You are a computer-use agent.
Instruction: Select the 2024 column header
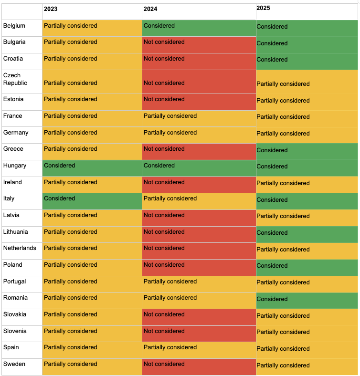(x=150, y=9)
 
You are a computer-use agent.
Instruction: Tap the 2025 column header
(x=263, y=8)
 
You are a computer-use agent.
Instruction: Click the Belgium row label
(x=14, y=26)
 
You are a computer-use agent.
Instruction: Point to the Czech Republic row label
(x=15, y=79)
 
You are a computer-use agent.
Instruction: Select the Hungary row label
(x=15, y=166)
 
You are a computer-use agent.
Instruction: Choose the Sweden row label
(x=14, y=364)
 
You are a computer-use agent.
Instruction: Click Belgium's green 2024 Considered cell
(x=199, y=28)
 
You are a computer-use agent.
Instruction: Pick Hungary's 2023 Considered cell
(x=92, y=168)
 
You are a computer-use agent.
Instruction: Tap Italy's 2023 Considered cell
(x=92, y=201)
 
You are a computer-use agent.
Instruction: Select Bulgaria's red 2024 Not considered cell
(x=199, y=45)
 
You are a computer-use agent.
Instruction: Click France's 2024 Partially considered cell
(x=199, y=118)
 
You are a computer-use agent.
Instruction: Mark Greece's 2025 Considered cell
(x=307, y=151)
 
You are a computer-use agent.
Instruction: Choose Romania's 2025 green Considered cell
(x=307, y=300)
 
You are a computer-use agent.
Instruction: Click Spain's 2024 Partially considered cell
(x=199, y=350)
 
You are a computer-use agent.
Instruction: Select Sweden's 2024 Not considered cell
(x=199, y=366)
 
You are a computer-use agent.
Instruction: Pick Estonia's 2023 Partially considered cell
(x=92, y=102)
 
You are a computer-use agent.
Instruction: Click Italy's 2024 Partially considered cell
(x=199, y=201)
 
